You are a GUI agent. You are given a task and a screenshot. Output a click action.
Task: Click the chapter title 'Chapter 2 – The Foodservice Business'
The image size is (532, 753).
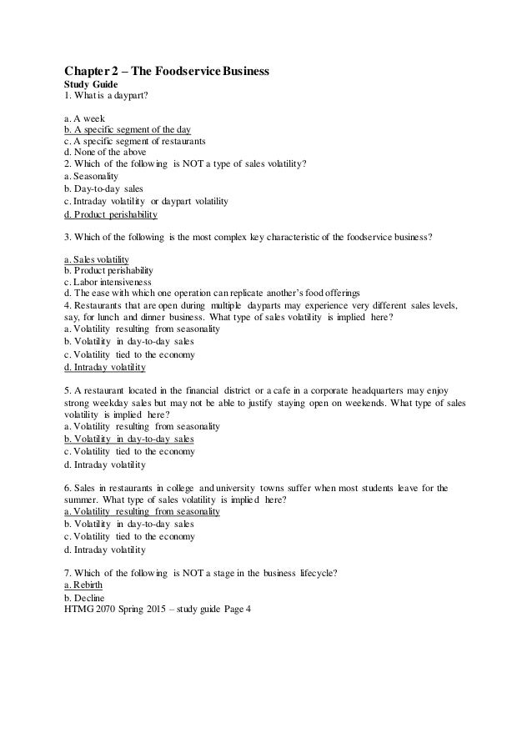167,72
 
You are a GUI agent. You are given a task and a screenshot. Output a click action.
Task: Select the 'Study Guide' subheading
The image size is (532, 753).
91,85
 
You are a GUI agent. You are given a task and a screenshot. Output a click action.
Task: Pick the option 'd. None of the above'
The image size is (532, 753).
104,153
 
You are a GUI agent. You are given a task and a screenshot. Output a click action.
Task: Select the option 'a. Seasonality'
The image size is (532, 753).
91,177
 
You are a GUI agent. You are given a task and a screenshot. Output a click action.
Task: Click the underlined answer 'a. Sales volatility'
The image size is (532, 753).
96,259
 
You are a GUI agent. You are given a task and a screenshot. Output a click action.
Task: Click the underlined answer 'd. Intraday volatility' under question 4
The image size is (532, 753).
104,367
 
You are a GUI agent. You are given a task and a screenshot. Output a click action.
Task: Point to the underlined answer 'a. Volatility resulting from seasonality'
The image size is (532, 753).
142,511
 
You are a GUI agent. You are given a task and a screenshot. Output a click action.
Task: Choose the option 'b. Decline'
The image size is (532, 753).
83,597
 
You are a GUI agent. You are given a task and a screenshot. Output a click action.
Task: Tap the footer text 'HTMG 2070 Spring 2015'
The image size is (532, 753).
115,608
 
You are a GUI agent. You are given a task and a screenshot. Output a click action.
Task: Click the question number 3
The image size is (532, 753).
67,237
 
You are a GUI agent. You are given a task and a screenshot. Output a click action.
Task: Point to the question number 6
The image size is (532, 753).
67,488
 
